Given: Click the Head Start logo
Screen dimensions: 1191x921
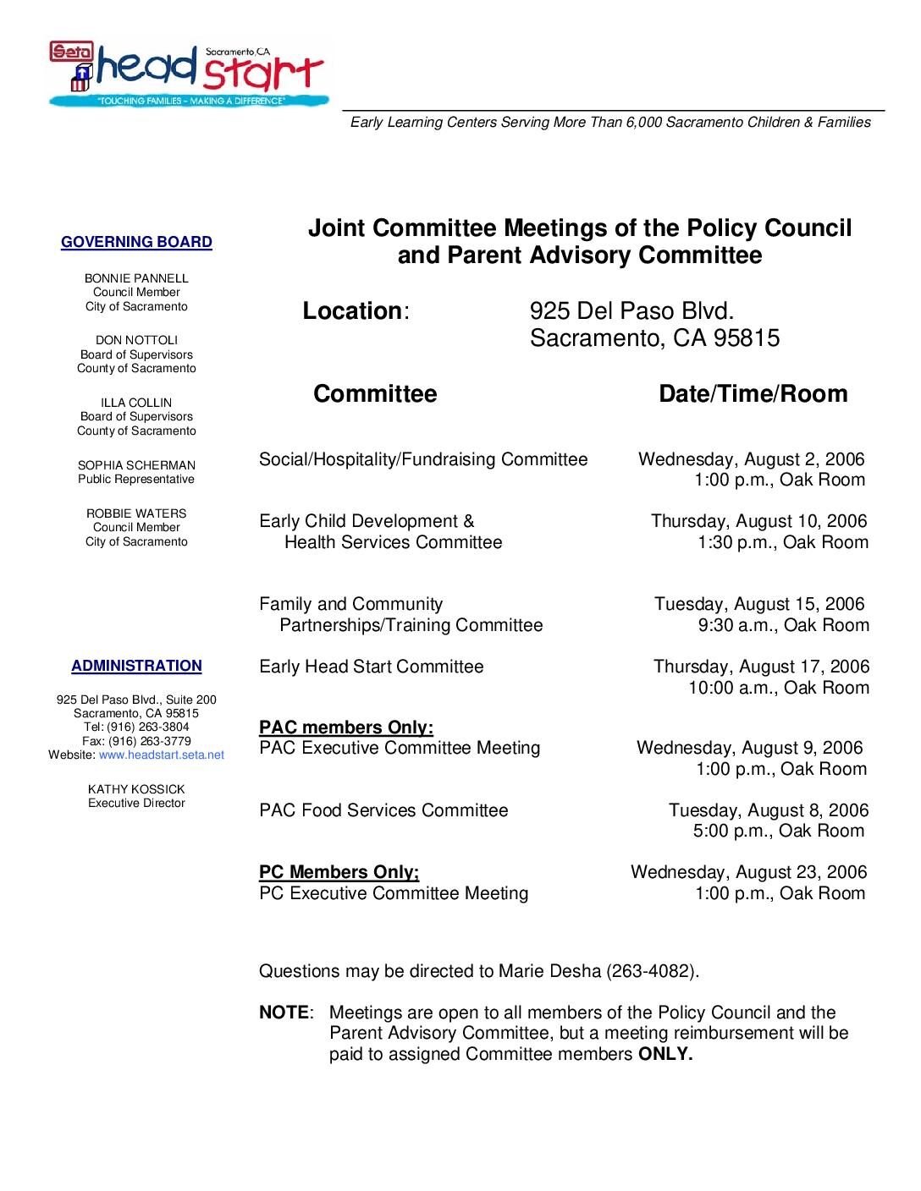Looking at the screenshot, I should pos(186,74).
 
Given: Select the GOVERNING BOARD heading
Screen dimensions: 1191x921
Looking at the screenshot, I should pos(136,243).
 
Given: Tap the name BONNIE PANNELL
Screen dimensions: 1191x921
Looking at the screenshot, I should pos(136,278).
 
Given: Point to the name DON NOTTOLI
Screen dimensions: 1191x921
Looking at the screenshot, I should pos(136,341).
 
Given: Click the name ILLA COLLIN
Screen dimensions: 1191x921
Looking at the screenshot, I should pos(136,403).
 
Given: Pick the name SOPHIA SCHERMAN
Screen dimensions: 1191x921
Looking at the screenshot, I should pos(136,465).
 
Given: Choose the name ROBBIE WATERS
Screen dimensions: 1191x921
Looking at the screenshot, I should pos(136,513).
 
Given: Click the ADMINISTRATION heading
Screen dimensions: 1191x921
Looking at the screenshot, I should pos(136,667).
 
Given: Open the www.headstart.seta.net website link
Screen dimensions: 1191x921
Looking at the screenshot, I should pos(162,755).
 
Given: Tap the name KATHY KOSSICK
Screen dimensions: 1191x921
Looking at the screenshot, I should pos(136,789).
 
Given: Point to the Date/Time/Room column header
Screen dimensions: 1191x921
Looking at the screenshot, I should pos(753,394).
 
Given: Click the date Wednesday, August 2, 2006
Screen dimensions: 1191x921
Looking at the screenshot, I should pos(751,459).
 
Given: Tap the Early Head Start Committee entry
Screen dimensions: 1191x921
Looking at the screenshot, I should pos(372,667).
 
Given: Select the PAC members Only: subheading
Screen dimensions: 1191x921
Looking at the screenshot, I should pos(346,727).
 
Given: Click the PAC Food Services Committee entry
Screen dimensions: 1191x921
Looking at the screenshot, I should pos(383,811).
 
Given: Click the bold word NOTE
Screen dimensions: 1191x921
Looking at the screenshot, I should pos(284,1013).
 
